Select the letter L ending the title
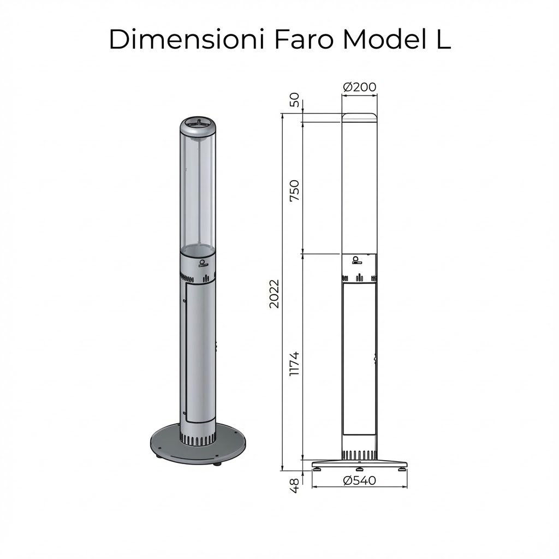click(x=442, y=40)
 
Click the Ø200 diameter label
click(x=359, y=87)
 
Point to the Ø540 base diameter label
click(x=360, y=480)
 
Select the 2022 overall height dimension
click(x=274, y=293)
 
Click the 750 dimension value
click(x=294, y=190)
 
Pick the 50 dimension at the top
click(x=294, y=100)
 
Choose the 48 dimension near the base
click(x=294, y=485)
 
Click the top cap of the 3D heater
click(x=198, y=127)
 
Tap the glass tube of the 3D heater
click(x=198, y=191)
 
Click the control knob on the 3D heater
click(x=203, y=263)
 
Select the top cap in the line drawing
click(x=359, y=117)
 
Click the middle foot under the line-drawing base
click(x=359, y=469)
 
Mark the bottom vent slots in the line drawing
click(x=359, y=455)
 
